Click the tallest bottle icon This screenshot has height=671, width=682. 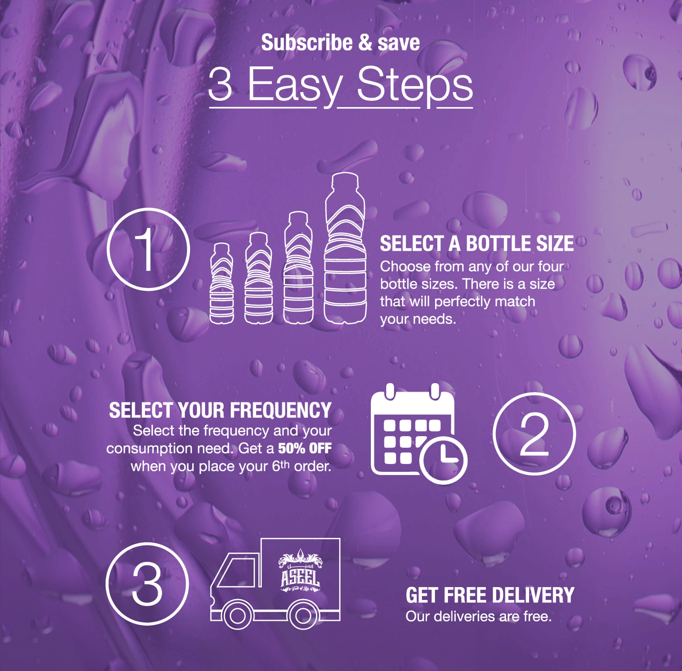point(345,248)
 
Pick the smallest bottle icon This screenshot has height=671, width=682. point(221,284)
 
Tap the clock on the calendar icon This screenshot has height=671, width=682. point(443,460)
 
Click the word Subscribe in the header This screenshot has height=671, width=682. point(307,43)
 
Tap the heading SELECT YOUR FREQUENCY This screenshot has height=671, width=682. point(220,410)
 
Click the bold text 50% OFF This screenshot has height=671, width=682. point(305,448)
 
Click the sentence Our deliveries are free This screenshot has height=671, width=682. point(478,616)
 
